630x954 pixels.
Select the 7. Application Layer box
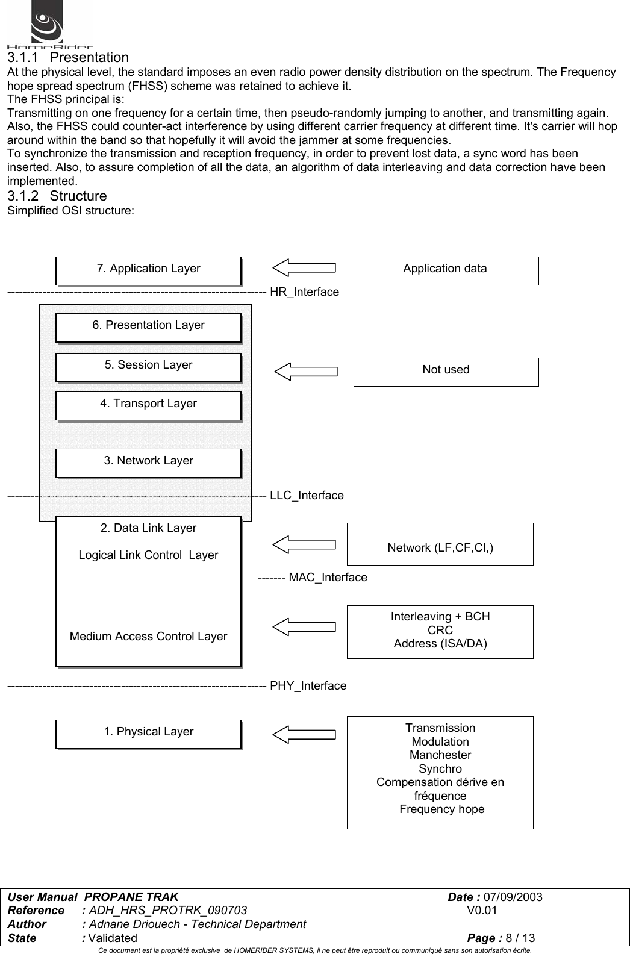tap(148, 269)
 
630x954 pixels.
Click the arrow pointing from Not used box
tap(306, 371)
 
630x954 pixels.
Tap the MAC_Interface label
tap(328, 578)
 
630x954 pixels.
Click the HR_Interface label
tap(304, 292)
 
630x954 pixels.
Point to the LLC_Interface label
tap(307, 496)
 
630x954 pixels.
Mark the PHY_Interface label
tap(308, 686)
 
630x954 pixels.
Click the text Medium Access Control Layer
tap(148, 637)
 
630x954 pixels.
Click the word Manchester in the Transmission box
tap(440, 755)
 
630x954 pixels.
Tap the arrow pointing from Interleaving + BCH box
tap(304, 626)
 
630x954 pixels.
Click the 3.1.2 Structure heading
tap(57, 196)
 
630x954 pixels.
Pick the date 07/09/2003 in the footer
tap(513, 897)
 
